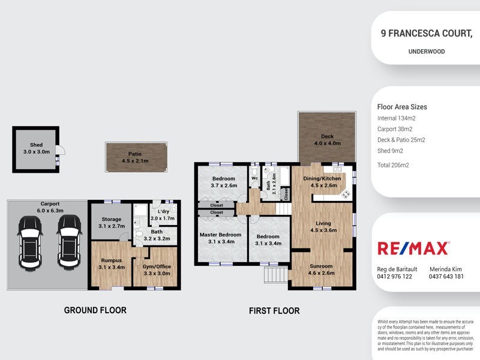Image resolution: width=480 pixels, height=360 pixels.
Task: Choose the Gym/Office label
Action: point(156,269)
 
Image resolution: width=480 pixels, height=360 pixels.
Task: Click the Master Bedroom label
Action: point(221,238)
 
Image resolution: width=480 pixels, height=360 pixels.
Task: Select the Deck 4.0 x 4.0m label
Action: point(328,140)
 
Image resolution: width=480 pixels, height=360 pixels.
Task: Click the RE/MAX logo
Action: point(413,248)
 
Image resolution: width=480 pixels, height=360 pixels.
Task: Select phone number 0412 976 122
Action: point(394,277)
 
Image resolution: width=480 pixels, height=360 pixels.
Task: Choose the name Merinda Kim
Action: point(445,269)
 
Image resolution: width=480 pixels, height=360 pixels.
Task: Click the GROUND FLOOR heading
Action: point(95,310)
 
